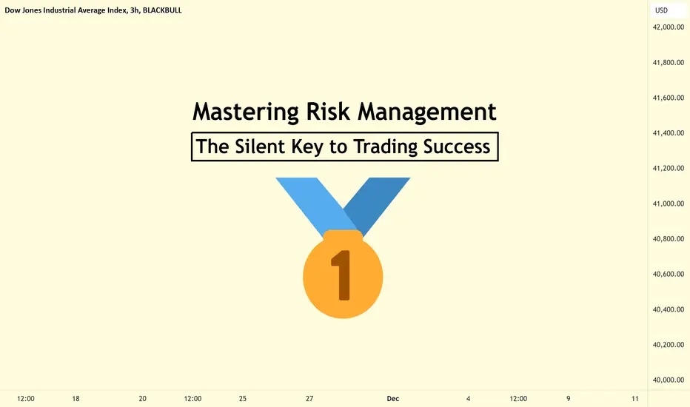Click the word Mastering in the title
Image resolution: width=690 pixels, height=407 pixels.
click(246, 112)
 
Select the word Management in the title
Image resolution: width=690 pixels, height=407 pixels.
click(427, 112)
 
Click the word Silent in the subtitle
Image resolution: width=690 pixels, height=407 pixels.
click(260, 147)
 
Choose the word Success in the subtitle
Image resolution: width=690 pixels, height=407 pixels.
click(457, 147)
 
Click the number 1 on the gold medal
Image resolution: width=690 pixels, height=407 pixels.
click(342, 275)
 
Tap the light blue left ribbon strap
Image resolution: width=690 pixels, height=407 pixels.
click(315, 203)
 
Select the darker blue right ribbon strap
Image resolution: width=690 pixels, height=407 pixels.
click(379, 203)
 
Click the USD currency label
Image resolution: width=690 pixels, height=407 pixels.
click(661, 10)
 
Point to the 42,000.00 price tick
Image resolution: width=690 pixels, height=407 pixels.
click(668, 27)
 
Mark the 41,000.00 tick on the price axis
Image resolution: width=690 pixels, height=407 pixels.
click(668, 203)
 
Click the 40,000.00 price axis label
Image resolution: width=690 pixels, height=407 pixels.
click(668, 380)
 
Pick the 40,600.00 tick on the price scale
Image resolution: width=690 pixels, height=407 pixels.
click(668, 274)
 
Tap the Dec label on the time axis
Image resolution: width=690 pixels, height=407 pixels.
click(393, 399)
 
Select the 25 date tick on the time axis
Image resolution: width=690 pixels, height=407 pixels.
click(243, 399)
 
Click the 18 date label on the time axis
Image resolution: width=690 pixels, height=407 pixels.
click(76, 399)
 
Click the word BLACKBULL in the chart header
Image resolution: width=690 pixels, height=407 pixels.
click(162, 10)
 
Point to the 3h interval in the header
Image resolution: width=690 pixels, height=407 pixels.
click(134, 10)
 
